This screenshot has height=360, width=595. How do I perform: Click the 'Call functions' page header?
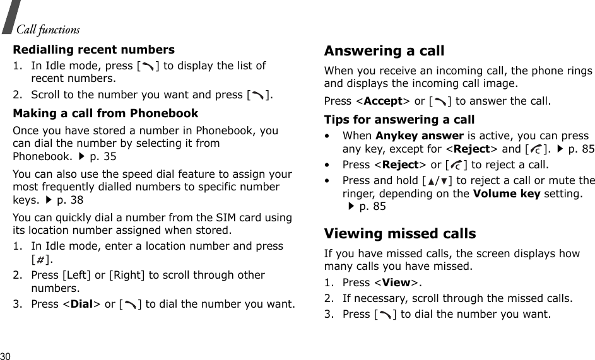(49, 30)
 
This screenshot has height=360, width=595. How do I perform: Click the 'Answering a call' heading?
(384, 50)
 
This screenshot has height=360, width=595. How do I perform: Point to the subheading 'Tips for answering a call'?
(399, 119)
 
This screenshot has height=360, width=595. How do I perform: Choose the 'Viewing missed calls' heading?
(400, 234)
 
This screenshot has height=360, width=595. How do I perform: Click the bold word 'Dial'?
(82, 304)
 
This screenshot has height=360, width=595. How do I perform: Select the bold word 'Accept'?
(385, 101)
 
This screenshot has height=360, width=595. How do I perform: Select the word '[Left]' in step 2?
(75, 276)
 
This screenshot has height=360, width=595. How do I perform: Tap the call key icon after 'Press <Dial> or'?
(131, 304)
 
